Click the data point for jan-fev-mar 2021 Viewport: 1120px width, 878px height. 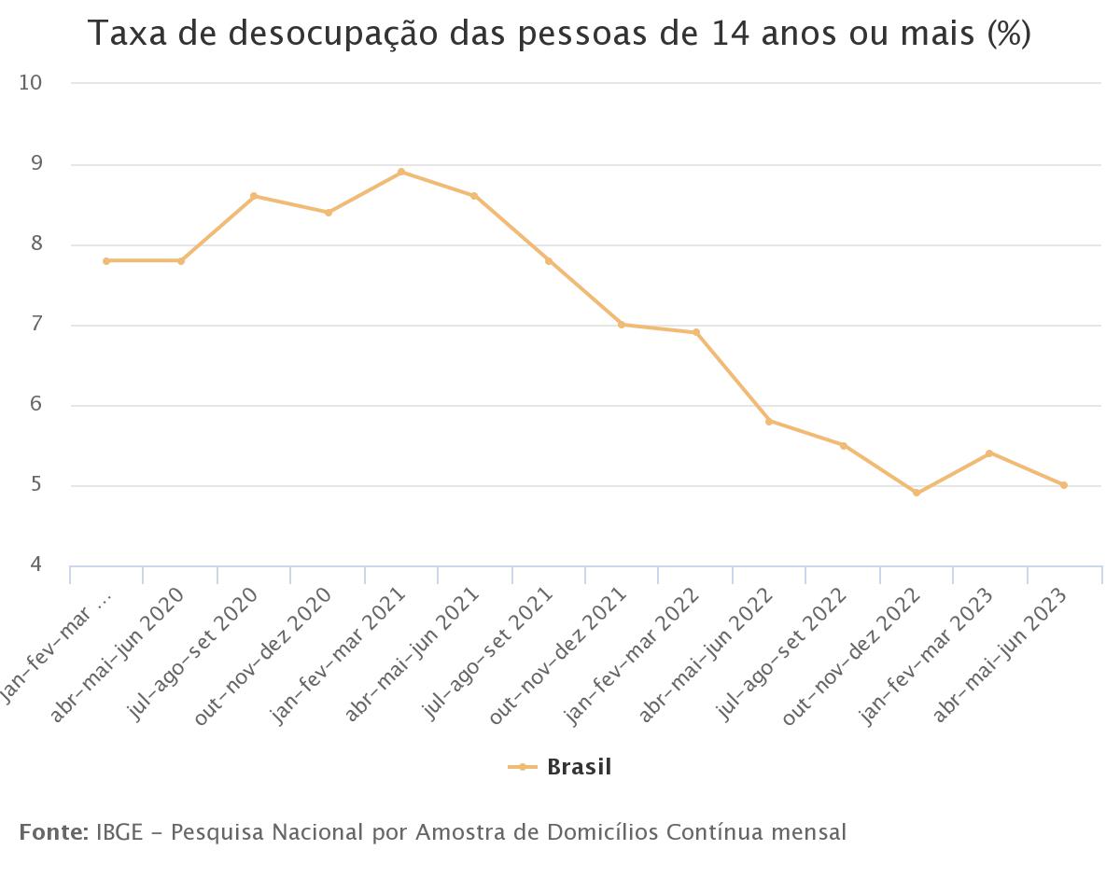pos(401,172)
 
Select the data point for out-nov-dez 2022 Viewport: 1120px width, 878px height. pos(917,493)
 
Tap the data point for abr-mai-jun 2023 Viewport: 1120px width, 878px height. pos(1064,485)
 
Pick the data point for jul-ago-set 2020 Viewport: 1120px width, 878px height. pos(254,196)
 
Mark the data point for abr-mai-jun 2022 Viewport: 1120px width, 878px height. pos(769,421)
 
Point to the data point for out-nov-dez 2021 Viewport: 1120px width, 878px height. pos(622,325)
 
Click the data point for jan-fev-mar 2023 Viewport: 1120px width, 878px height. pos(989,453)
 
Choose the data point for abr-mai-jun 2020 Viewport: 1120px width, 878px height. pos(181,261)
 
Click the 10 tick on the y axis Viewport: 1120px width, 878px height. pos(31,83)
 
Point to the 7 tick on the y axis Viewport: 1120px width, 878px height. pos(36,326)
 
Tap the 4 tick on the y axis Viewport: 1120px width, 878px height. pos(36,565)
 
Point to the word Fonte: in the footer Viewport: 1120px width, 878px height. pos(54,831)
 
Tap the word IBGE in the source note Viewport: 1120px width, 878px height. pos(118,831)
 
